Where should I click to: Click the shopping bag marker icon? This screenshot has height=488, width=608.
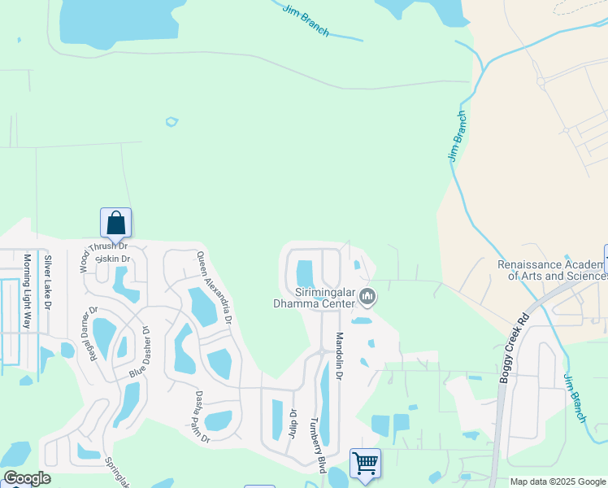[x=115, y=222]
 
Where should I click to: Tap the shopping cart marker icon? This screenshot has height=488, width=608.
[x=365, y=464]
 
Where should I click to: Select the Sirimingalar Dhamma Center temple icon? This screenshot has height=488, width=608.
[x=368, y=298]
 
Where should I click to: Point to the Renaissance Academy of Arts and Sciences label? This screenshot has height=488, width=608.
[x=553, y=271]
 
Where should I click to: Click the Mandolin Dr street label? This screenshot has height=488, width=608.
[x=340, y=357]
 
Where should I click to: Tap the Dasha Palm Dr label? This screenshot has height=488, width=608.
[x=202, y=417]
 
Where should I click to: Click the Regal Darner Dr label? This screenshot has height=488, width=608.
[x=88, y=332]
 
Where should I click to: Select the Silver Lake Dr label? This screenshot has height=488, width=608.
[x=48, y=282]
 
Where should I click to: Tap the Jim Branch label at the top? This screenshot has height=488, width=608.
[x=306, y=20]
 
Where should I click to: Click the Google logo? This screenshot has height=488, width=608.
[x=26, y=479]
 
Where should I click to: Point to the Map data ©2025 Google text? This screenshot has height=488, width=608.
[x=558, y=481]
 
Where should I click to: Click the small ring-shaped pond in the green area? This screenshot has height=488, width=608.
[x=172, y=122]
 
